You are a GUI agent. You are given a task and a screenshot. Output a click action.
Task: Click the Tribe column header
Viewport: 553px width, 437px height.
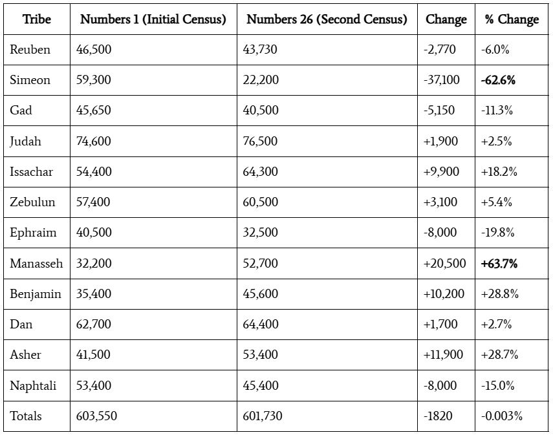coord(37,19)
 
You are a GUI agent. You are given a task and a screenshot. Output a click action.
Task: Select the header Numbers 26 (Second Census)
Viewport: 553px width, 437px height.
coord(327,19)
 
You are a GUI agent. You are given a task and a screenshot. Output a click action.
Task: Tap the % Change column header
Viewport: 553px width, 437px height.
coord(511,19)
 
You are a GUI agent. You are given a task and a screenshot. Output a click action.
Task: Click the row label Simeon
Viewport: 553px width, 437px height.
coord(30,80)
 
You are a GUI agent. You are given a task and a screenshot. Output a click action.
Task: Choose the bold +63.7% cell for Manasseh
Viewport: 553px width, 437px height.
coord(499,263)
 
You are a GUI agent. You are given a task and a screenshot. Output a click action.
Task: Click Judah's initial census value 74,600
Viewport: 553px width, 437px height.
coord(93,141)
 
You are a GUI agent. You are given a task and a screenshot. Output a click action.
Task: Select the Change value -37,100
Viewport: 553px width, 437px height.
coord(442,80)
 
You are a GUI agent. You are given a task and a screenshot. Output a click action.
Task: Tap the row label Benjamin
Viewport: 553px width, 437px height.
coord(36,293)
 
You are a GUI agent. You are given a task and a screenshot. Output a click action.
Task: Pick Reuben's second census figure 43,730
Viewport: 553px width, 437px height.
coord(260,49)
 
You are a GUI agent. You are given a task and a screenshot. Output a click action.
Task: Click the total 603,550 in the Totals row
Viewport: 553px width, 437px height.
coord(96,416)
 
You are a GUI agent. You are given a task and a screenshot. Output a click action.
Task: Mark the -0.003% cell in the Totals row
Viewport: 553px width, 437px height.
coord(501,416)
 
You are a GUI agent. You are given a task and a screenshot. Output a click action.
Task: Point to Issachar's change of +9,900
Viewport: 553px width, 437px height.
coord(441,171)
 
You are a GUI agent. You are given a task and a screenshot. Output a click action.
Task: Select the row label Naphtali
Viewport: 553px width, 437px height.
coord(33,385)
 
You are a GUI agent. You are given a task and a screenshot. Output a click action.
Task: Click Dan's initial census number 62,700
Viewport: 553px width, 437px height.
coord(93,324)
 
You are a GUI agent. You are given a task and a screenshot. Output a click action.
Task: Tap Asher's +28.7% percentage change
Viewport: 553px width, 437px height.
coord(499,354)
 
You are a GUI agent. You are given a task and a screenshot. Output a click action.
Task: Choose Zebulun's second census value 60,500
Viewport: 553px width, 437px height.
coord(261,202)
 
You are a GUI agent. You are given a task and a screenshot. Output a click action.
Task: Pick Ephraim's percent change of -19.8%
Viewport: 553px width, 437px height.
coord(497,233)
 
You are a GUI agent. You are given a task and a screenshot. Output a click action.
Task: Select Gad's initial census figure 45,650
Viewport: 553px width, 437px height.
coord(93,110)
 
